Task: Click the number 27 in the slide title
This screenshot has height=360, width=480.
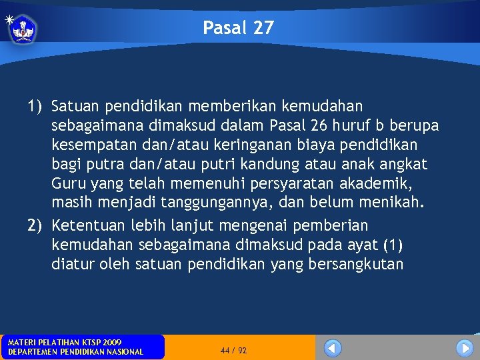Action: pyautogui.click(x=263, y=28)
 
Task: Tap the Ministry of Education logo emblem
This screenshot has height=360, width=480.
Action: pyautogui.click(x=23, y=29)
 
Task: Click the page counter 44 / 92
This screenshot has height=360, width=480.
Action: pyautogui.click(x=233, y=350)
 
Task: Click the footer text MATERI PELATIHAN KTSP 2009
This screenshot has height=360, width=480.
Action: pyautogui.click(x=64, y=342)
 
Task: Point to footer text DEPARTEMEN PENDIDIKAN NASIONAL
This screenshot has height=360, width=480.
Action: pyautogui.click(x=75, y=351)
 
